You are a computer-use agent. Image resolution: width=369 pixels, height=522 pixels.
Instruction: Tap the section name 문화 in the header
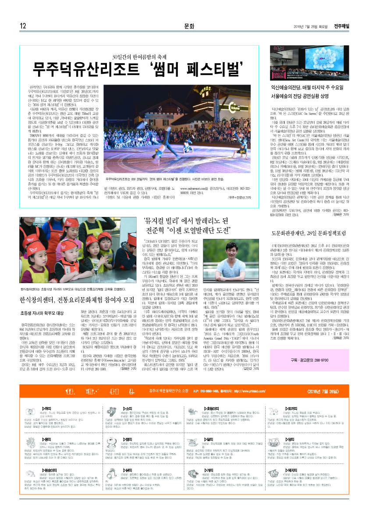coord(189,26)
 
